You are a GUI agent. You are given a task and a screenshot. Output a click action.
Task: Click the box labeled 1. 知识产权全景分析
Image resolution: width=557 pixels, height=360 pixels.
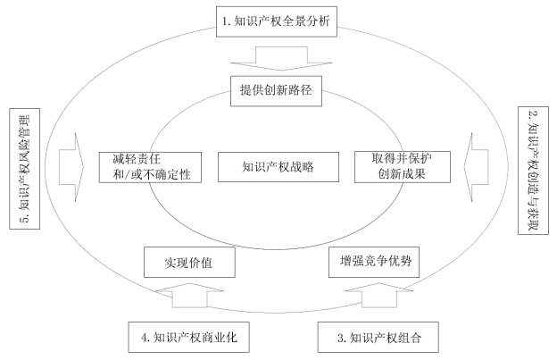pos(278,19)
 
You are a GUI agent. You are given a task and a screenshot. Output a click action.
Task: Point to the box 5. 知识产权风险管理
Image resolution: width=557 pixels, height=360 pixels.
pos(24,167)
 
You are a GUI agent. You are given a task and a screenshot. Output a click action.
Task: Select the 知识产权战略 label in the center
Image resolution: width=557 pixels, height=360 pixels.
pos(277,166)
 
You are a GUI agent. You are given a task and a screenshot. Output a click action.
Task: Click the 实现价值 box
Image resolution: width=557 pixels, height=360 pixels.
pos(187,263)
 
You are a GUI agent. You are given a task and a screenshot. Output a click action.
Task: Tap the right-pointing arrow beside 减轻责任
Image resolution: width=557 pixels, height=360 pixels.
pos(67,164)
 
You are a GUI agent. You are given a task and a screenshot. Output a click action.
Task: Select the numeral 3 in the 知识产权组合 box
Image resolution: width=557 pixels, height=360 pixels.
pos(342,339)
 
